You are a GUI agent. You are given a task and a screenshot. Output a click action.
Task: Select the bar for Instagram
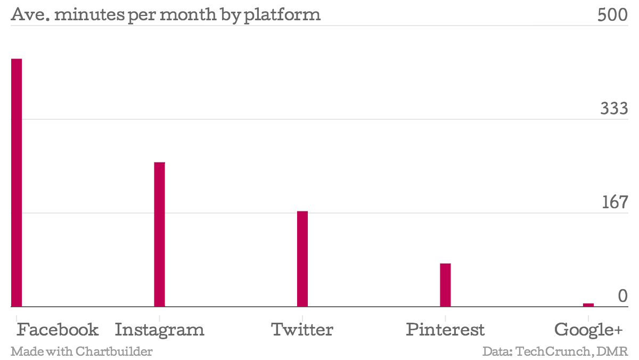pos(159,234)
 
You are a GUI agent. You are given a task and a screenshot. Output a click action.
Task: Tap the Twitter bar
pos(302,259)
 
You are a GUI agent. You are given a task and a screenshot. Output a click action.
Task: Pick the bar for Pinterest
pos(445,285)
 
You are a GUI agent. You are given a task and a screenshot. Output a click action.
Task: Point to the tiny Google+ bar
pos(588,305)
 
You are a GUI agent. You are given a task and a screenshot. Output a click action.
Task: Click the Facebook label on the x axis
pos(58,330)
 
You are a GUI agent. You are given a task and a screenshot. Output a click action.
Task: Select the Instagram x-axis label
pos(159,330)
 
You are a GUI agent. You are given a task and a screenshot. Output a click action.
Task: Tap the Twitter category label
pos(302,330)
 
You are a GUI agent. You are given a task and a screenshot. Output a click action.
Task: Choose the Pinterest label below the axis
pos(445,330)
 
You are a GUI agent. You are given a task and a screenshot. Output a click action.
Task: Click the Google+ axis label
pos(588,330)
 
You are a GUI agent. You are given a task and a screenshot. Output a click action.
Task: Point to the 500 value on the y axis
pos(613,15)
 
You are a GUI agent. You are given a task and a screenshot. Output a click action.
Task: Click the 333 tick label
pos(614,109)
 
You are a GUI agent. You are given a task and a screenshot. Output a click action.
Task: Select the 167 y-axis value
pos(615,202)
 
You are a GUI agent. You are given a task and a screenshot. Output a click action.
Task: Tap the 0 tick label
pos(622,296)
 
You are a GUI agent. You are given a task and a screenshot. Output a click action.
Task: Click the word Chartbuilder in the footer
pos(114,351)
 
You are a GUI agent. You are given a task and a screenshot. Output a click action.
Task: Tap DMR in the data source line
pos(617,351)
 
